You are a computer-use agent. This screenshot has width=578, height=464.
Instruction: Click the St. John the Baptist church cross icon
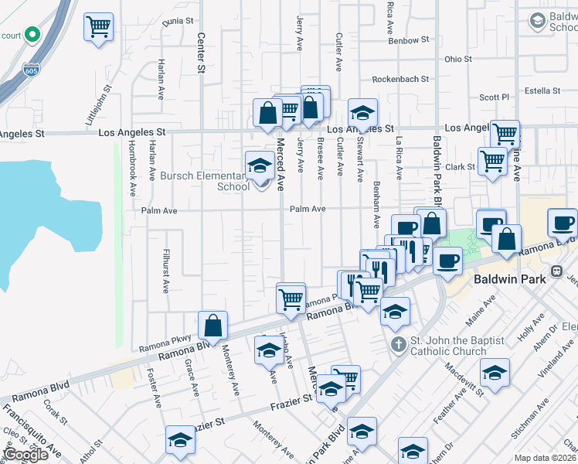(398, 343)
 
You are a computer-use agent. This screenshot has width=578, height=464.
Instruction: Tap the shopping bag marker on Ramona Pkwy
(212, 326)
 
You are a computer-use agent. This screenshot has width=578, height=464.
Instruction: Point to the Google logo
(25, 455)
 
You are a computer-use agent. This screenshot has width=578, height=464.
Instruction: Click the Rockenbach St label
(400, 79)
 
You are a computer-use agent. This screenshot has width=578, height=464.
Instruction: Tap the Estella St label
(542, 90)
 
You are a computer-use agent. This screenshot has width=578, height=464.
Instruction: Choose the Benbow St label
(408, 40)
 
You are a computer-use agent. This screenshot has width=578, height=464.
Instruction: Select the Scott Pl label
(495, 97)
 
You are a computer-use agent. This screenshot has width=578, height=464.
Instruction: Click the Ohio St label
(457, 59)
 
